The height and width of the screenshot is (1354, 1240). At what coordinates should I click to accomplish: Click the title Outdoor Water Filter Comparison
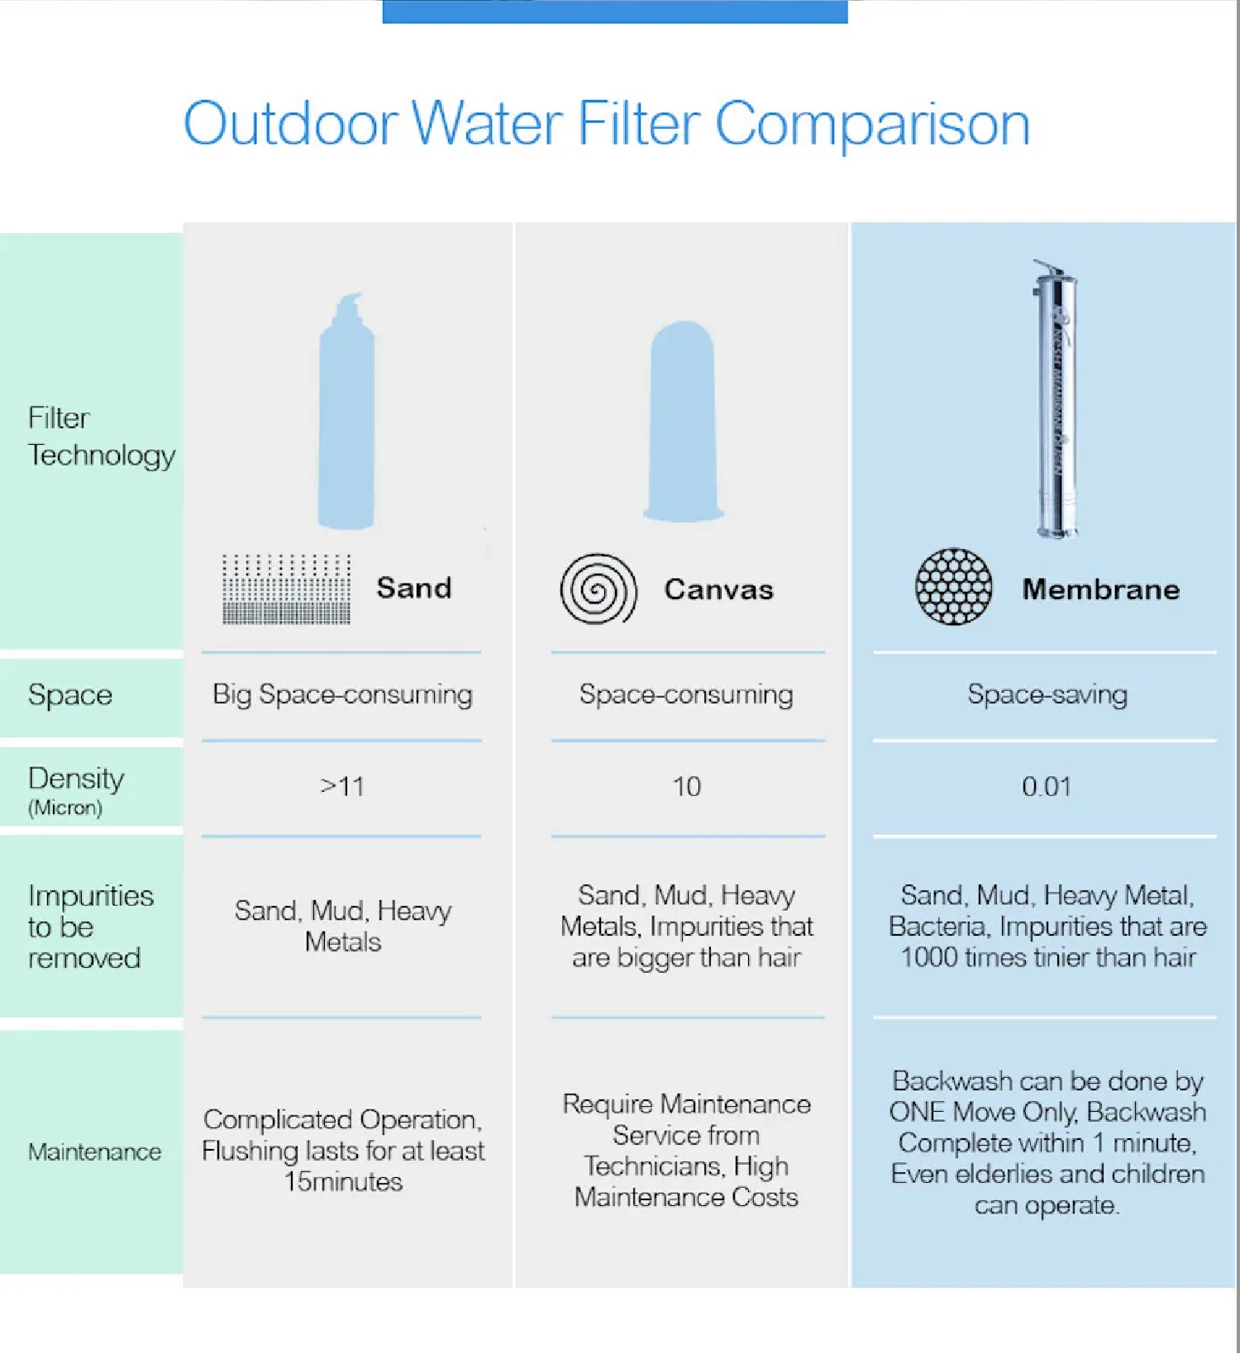tap(607, 124)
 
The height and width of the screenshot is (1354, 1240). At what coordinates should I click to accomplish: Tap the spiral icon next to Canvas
tap(599, 589)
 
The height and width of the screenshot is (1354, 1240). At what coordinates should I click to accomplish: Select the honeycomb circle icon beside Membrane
tap(953, 586)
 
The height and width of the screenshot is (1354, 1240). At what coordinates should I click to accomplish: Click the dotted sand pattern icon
tap(286, 589)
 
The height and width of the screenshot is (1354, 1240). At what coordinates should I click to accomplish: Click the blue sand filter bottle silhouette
tap(347, 411)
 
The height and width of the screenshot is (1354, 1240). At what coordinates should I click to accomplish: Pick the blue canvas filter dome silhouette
tap(684, 422)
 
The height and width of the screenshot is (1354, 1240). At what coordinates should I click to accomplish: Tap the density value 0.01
tap(1047, 786)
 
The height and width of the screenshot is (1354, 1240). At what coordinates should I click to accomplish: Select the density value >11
tap(342, 786)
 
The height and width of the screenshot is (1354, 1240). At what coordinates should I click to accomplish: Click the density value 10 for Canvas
tap(686, 786)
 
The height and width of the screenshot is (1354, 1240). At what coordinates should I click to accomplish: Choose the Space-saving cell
tap(1047, 694)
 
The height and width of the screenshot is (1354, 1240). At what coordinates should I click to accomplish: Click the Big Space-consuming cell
tap(342, 694)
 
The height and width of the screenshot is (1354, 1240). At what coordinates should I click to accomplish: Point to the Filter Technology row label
tap(101, 436)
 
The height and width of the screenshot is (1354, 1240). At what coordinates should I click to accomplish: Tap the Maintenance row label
tap(94, 1151)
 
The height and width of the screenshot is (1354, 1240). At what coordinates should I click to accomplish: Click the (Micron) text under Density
tap(65, 808)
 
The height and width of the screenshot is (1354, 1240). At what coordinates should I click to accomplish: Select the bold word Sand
tap(414, 588)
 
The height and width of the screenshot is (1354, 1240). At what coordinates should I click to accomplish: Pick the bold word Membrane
tap(1101, 589)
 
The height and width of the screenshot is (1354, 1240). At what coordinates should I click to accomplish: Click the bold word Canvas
tap(719, 589)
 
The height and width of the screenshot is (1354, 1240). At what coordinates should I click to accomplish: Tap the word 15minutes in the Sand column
tap(343, 1182)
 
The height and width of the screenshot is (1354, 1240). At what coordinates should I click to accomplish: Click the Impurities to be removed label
tap(91, 927)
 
